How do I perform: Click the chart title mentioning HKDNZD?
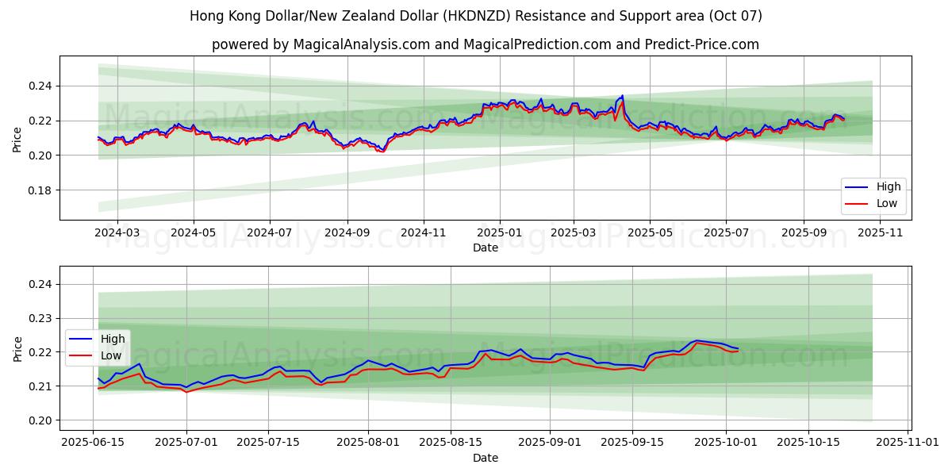476,16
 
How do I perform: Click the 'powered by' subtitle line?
485,44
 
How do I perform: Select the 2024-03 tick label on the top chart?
117,232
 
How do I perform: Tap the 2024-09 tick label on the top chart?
347,232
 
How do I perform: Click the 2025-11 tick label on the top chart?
880,232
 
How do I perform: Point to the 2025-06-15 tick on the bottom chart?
94,443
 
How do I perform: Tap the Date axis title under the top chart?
485,248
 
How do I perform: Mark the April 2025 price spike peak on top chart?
622,96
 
